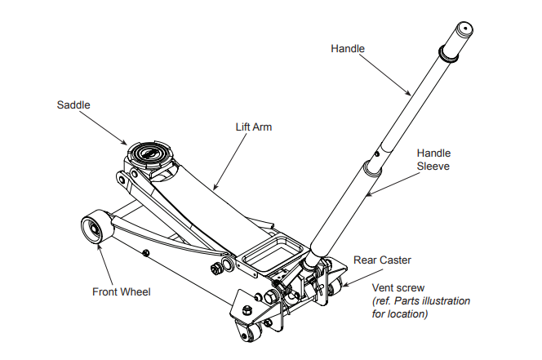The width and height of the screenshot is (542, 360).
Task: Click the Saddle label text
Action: (x=73, y=105)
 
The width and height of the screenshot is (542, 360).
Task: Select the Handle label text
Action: (x=348, y=49)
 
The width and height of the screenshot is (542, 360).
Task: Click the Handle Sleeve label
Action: (x=433, y=159)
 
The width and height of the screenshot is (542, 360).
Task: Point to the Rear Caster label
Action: (x=382, y=260)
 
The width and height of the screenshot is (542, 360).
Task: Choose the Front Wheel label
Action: (x=122, y=291)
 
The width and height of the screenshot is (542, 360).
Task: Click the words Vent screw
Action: (x=398, y=288)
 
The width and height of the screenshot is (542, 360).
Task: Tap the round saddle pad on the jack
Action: (x=150, y=153)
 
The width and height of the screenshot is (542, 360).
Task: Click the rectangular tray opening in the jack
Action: (x=269, y=251)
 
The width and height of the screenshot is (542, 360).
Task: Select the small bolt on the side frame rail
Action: (x=144, y=253)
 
